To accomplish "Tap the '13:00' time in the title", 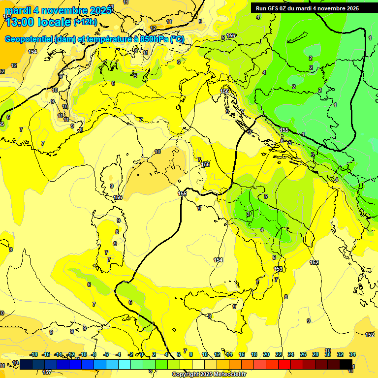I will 22,22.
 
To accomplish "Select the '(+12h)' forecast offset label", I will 85,22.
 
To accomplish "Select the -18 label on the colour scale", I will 34,354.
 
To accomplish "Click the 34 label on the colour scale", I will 352,354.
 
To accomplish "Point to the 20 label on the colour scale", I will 266,354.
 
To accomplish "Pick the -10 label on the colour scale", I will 83,354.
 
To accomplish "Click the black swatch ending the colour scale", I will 346,364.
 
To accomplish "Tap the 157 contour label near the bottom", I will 46,372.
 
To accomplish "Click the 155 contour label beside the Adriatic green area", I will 284,129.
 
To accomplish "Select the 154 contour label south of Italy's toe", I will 218,260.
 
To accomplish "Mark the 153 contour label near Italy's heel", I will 279,269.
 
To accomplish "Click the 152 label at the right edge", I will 370,335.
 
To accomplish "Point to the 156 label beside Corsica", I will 118,197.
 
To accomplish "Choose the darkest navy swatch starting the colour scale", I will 26,364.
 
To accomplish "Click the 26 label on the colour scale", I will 303,354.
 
